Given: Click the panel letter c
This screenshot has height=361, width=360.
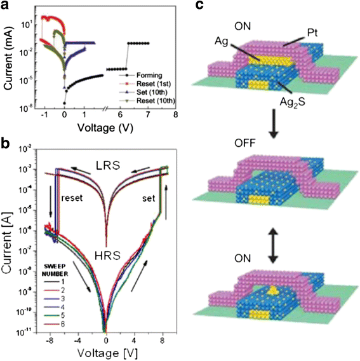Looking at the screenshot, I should (199, 6).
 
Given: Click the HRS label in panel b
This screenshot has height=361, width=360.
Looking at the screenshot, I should (107, 233).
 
